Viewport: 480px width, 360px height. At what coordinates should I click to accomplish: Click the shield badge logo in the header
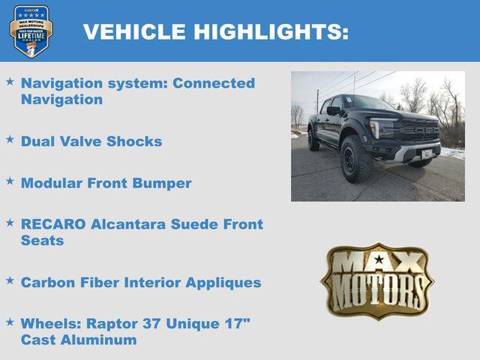(x=31, y=31)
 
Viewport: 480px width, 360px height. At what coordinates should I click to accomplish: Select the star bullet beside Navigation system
(x=10, y=79)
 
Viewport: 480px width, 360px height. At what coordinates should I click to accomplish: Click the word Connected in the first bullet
(x=214, y=83)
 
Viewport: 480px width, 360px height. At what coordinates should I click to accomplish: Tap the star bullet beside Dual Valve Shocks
(x=10, y=138)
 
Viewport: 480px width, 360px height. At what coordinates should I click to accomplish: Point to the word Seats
(x=42, y=241)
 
